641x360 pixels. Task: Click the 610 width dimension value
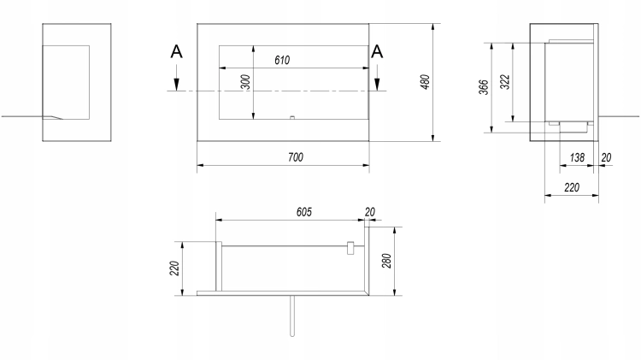click(282, 61)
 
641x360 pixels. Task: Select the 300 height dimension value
click(245, 82)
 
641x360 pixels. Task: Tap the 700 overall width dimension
click(296, 157)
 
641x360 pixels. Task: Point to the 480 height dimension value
click(425, 82)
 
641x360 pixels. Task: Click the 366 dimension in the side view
click(484, 87)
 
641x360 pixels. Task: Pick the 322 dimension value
click(505, 82)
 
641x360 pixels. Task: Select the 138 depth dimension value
click(577, 157)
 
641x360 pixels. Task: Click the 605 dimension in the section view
click(303, 212)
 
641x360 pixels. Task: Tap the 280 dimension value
click(386, 261)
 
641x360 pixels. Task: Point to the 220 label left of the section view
click(174, 268)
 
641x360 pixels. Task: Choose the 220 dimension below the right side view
click(572, 188)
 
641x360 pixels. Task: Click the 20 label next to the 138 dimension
click(606, 157)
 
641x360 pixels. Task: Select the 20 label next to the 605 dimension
click(369, 212)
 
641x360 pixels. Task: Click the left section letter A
click(176, 52)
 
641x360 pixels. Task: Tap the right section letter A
click(377, 52)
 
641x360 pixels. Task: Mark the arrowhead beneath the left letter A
click(176, 85)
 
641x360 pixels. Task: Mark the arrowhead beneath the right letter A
click(377, 85)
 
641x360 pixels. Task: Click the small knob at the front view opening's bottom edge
click(292, 118)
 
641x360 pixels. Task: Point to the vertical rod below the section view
click(292, 316)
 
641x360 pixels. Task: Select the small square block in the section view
click(350, 248)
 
